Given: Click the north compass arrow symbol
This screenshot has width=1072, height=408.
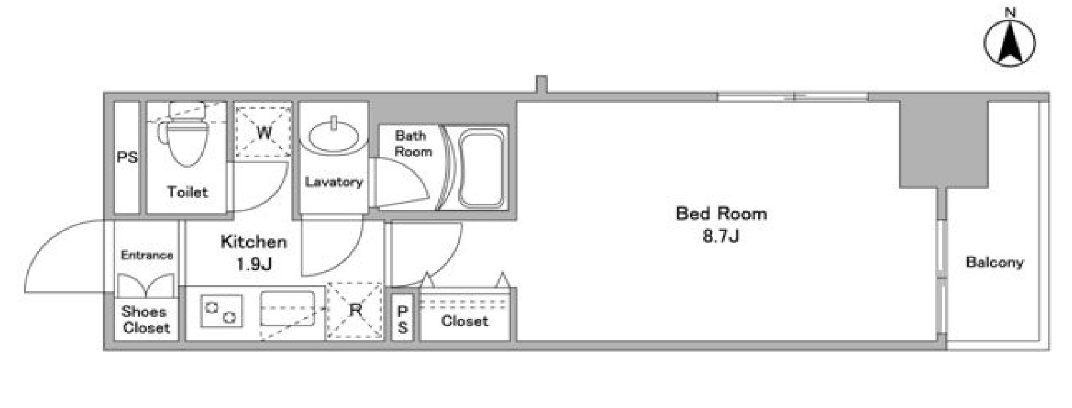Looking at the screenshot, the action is pyautogui.click(x=1010, y=43).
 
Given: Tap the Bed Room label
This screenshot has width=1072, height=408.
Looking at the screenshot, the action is pyautogui.click(x=721, y=213).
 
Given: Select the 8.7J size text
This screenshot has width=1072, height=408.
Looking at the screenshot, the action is pyautogui.click(x=721, y=236).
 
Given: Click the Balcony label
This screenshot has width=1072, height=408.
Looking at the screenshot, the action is pyautogui.click(x=995, y=262).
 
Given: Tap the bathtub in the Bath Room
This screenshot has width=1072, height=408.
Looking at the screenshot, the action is pyautogui.click(x=482, y=168).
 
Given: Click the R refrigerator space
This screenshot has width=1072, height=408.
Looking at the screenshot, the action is pyautogui.click(x=355, y=310).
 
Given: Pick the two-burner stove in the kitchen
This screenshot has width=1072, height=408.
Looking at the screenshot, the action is pyautogui.click(x=221, y=311).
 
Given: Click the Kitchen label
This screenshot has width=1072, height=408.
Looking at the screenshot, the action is pyautogui.click(x=254, y=242).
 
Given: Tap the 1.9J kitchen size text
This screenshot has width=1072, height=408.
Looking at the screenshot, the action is pyautogui.click(x=254, y=263).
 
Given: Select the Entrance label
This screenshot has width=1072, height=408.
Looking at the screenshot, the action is pyautogui.click(x=147, y=255).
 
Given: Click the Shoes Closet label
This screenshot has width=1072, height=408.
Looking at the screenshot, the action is pyautogui.click(x=145, y=320).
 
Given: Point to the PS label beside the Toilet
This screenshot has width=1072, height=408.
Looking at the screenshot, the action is pyautogui.click(x=127, y=157).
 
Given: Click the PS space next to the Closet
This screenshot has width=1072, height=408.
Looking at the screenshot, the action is pyautogui.click(x=402, y=318).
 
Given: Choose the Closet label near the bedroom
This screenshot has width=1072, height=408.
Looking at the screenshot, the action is pyautogui.click(x=464, y=321).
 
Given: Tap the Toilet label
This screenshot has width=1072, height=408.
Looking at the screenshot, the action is pyautogui.click(x=187, y=192).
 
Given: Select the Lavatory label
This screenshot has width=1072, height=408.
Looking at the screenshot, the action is pyautogui.click(x=334, y=182).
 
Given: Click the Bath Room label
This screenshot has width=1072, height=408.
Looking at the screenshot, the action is pyautogui.click(x=413, y=143).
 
